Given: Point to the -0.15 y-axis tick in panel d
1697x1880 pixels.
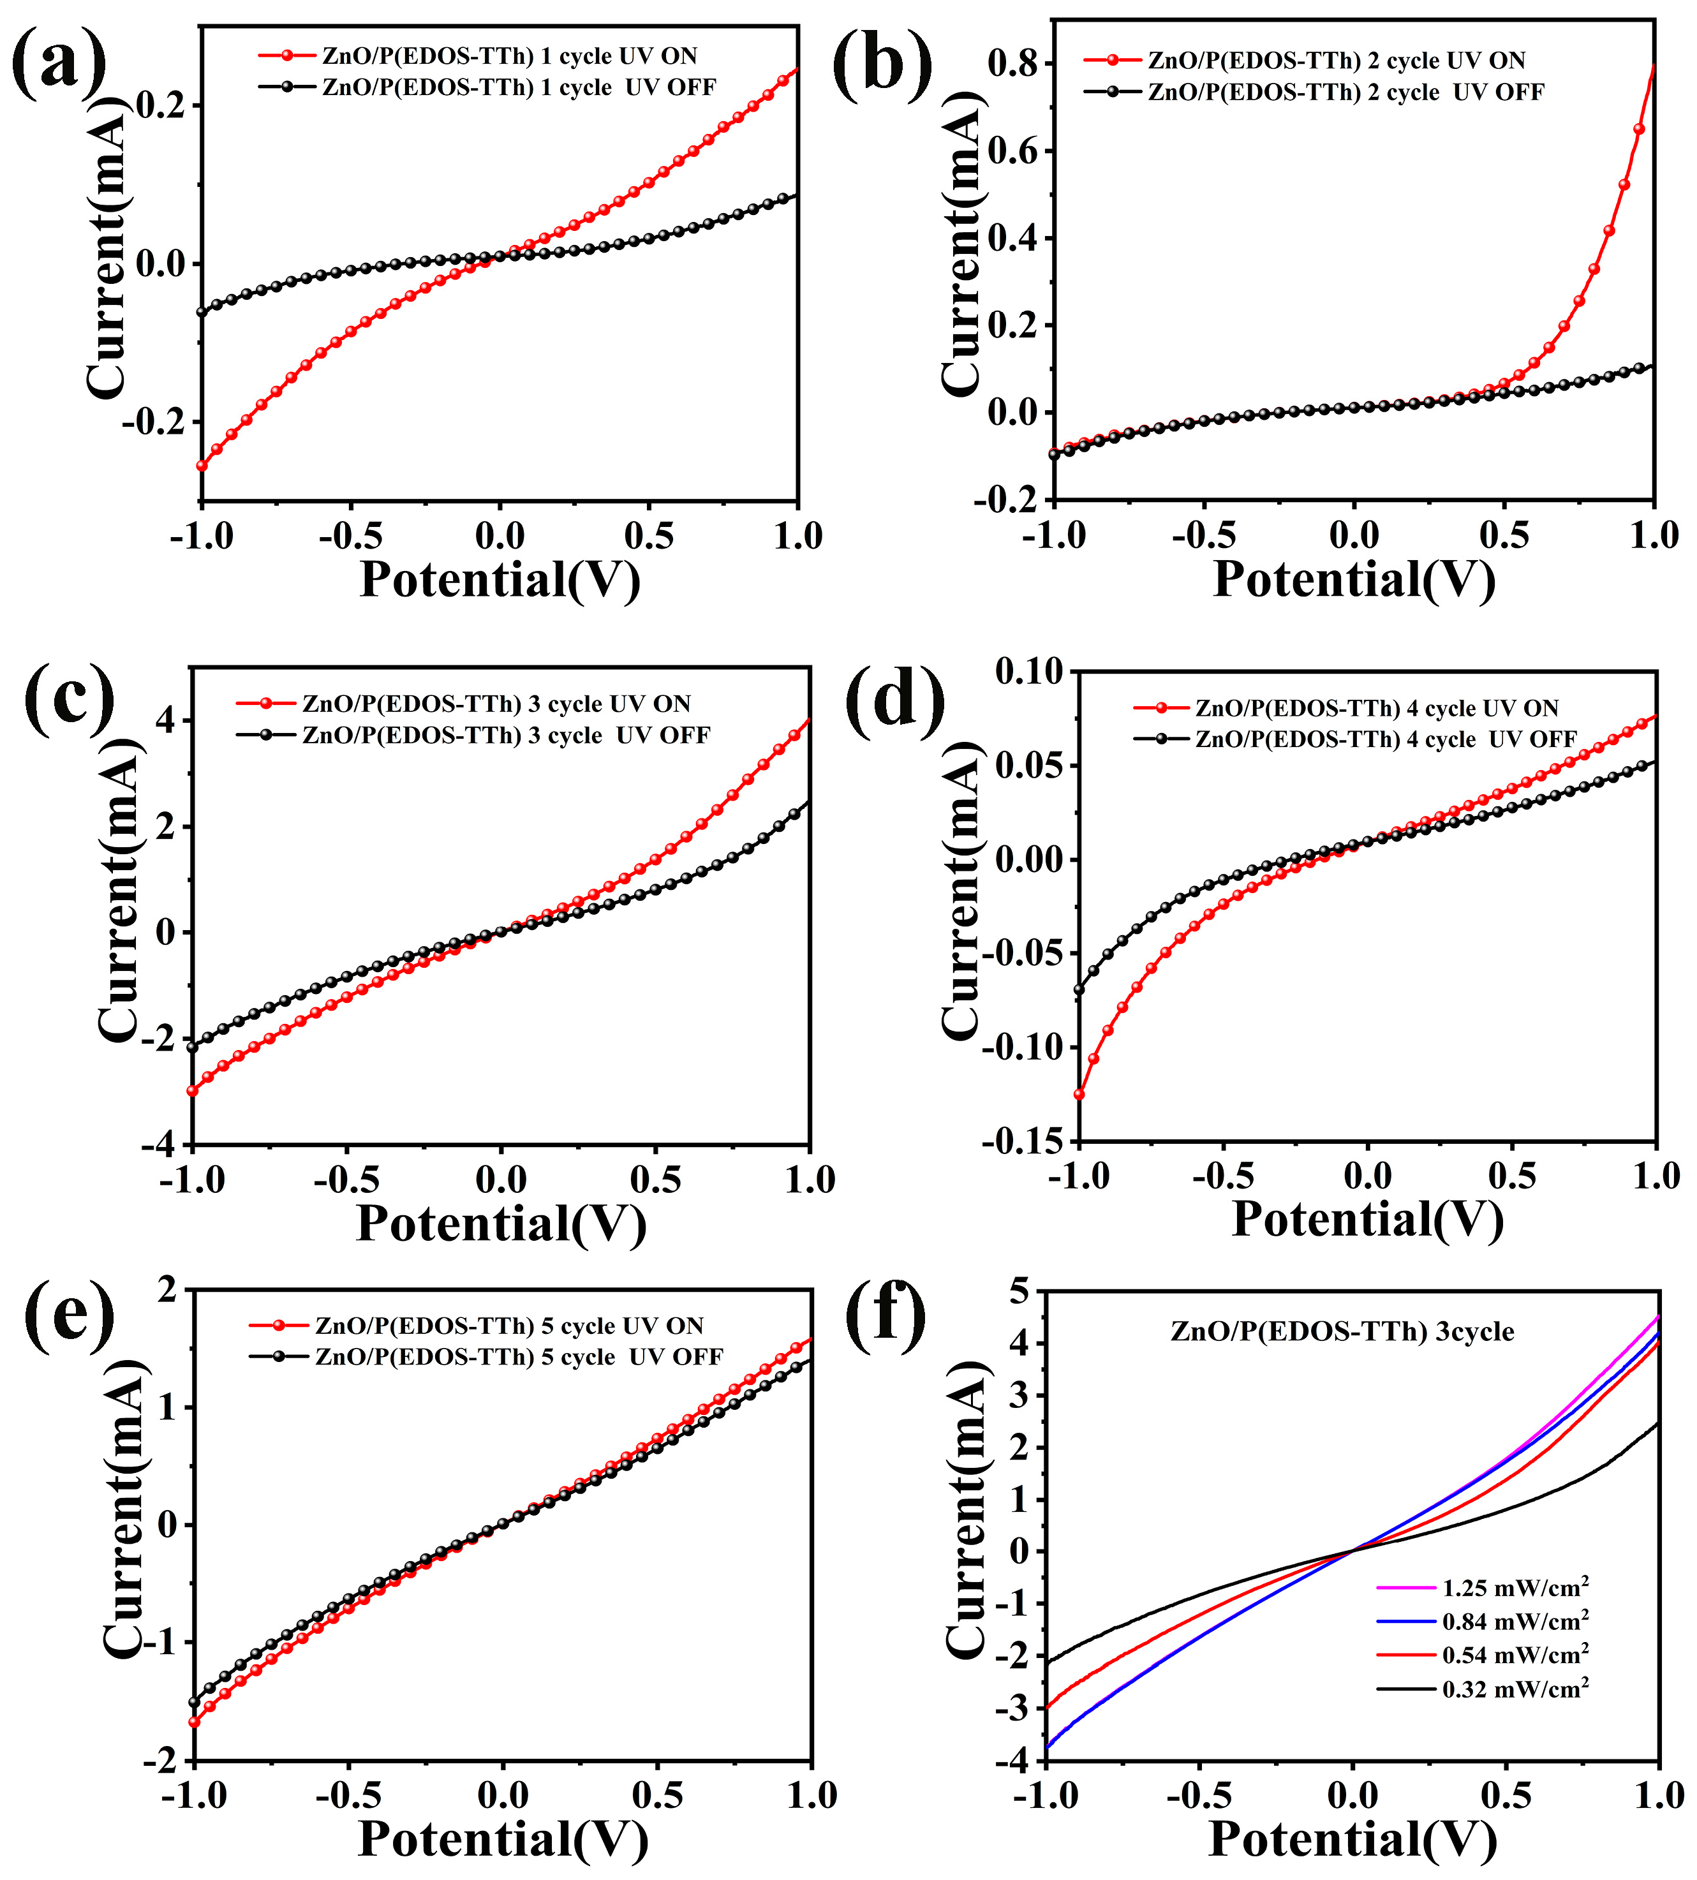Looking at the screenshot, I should click(1021, 1141).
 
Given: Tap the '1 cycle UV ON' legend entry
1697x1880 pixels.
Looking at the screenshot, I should click(509, 56).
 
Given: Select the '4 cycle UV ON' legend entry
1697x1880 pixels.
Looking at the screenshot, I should click(1376, 709).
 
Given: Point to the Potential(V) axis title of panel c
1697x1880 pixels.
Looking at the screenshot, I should click(501, 1224).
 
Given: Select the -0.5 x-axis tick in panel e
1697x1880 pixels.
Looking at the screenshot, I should click(349, 1795).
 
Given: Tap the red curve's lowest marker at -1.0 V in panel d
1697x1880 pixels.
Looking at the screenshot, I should click(1079, 1094).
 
